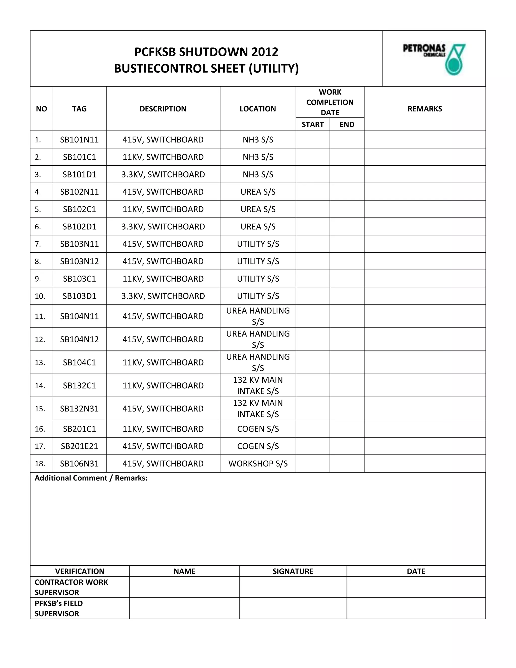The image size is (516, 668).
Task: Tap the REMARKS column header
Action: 425,109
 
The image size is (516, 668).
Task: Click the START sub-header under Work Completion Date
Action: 312,125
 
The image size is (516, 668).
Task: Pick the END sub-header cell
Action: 347,125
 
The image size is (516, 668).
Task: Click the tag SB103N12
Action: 79,261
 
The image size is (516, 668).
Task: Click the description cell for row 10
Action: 163,296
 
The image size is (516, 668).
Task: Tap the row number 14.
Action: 40,385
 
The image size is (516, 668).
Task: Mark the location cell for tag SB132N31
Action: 258,408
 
